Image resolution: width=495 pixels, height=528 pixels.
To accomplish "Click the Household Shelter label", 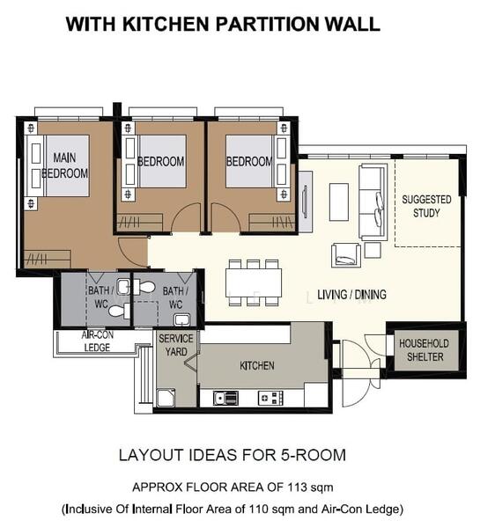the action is (425, 350).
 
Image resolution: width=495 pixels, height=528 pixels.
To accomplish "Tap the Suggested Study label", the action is (426, 206).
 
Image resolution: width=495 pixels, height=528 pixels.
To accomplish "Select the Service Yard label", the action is (176, 345).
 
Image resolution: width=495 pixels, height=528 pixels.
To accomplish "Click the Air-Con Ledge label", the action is (97, 341).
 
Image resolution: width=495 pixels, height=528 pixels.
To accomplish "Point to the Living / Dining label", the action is (351, 295).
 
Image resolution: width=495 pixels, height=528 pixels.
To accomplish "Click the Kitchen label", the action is (257, 365).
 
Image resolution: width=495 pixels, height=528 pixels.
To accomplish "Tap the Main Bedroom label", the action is (64, 165).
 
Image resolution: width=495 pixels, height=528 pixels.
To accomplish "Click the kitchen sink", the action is (225, 398).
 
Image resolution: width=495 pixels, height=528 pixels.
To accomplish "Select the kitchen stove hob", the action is (270, 398).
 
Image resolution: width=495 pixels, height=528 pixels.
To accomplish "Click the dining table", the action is (254, 282).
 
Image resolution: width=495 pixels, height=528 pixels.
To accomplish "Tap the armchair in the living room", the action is (346, 255).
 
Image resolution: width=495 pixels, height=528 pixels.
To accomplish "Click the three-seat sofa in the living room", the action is (373, 202).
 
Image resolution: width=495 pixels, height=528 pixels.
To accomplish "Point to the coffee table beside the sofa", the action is (338, 202).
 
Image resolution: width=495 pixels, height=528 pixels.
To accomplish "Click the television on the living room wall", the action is (306, 202).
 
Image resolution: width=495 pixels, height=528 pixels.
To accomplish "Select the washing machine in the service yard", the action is (166, 398).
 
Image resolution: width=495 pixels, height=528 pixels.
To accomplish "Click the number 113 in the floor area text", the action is (297, 488).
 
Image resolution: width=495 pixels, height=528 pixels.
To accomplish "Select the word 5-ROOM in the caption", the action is (313, 455).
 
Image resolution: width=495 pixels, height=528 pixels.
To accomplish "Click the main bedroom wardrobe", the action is (48, 259).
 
